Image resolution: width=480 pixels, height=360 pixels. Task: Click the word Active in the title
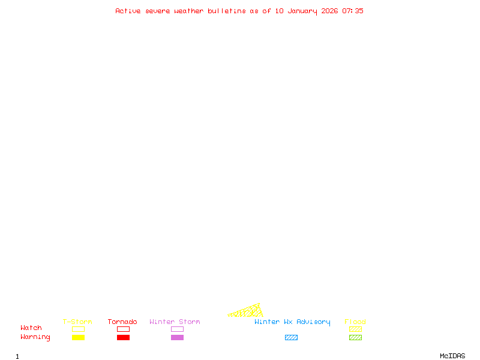(x=128, y=11)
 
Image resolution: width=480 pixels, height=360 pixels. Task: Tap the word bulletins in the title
(x=227, y=11)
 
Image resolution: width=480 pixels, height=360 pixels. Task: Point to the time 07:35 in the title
(x=353, y=11)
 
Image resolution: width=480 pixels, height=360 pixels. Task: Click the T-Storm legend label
(x=77, y=322)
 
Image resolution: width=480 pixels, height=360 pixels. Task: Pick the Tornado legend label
(x=122, y=322)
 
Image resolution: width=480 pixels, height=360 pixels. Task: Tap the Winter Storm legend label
(x=175, y=322)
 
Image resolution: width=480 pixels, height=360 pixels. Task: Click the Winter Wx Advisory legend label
(x=292, y=322)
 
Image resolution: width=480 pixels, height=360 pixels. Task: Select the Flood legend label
(x=355, y=322)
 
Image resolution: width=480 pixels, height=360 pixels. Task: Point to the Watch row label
(x=31, y=328)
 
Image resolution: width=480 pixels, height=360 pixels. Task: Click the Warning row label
(x=35, y=337)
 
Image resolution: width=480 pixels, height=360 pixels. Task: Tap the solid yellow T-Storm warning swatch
(x=78, y=338)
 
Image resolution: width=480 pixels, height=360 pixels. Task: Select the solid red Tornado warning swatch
(x=123, y=338)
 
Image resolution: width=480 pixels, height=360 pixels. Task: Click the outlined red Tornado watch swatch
(x=123, y=329)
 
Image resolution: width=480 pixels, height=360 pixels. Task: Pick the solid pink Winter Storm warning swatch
(x=177, y=338)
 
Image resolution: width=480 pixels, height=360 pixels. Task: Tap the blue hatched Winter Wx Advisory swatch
(x=291, y=338)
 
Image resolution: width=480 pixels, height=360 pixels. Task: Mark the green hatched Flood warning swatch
(x=355, y=338)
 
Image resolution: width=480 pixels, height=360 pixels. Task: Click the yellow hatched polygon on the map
(x=250, y=311)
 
